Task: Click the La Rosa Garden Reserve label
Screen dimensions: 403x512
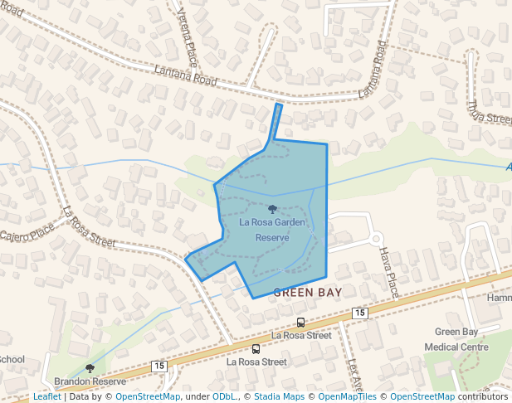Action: coord(272,230)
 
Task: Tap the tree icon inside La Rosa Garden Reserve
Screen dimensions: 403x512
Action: coord(272,210)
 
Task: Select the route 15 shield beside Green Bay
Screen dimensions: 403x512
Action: coord(359,312)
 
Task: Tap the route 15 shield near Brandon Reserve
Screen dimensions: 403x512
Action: coord(158,366)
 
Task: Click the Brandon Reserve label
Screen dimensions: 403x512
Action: coord(90,381)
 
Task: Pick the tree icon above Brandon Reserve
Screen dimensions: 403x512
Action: coord(90,368)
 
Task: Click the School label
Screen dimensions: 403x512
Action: coord(12,360)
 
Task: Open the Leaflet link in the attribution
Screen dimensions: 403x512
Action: coord(46,396)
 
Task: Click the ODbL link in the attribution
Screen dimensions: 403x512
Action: coord(225,396)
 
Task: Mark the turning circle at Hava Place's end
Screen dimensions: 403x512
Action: coord(376,239)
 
